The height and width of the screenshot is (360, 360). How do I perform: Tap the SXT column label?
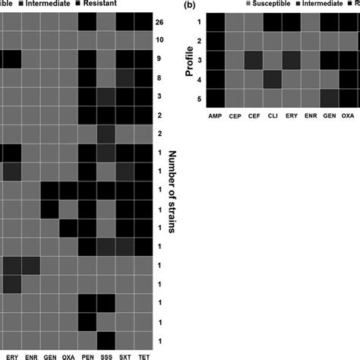126,354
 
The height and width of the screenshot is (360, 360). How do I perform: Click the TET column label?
145,354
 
